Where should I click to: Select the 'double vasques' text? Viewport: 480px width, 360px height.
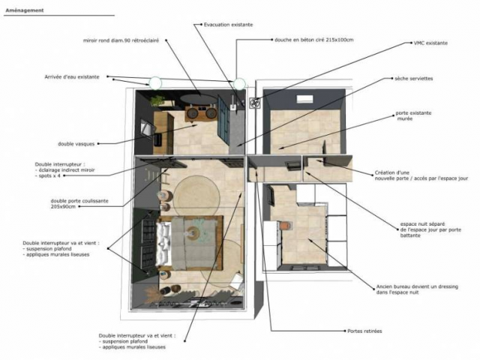click(x=74, y=142)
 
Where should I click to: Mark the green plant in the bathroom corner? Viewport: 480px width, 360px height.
click(x=157, y=99)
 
